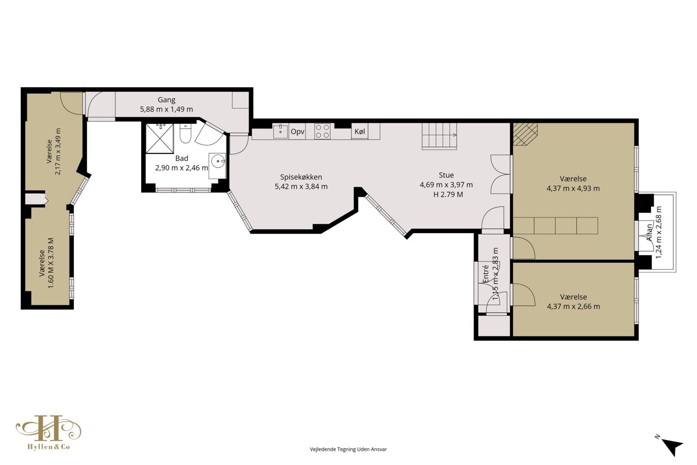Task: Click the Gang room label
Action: (x=167, y=99)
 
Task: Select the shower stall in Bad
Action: (x=160, y=138)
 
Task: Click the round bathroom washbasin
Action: (x=218, y=162)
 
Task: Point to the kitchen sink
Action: (x=281, y=131)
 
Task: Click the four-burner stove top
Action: (x=322, y=131)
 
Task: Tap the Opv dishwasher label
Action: (x=297, y=132)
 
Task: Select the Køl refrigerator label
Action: (x=360, y=131)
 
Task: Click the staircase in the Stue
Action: (x=439, y=136)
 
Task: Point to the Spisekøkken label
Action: (x=301, y=177)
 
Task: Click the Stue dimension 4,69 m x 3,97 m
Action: (x=446, y=185)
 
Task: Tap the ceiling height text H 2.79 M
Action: (x=448, y=195)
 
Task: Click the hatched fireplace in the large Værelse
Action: (x=525, y=134)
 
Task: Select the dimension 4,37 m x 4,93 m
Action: (x=573, y=188)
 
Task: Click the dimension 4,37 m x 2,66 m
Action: (x=573, y=306)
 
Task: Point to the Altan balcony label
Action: (x=649, y=233)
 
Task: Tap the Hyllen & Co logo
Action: (x=49, y=432)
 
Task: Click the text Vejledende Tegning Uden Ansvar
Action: (x=348, y=449)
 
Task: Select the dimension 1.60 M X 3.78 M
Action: (x=51, y=263)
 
